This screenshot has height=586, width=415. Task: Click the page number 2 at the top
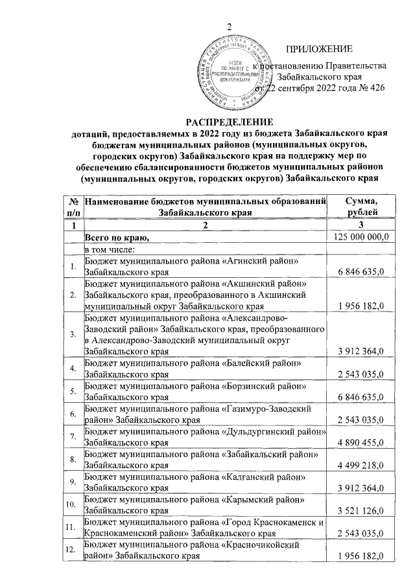(228, 26)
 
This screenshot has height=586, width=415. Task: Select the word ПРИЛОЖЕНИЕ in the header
(319, 49)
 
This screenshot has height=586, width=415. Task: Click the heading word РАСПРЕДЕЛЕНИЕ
(229, 122)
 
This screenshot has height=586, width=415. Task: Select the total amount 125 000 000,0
(361, 238)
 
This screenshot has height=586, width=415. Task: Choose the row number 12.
(73, 550)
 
